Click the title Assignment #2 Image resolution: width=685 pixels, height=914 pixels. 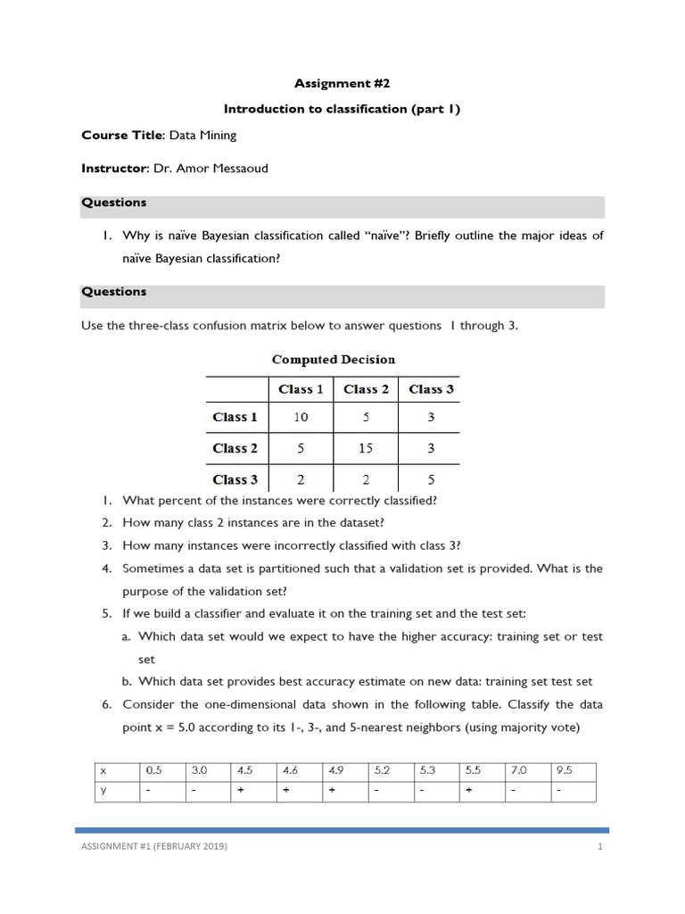click(342, 83)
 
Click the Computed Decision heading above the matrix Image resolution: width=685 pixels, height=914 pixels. click(333, 360)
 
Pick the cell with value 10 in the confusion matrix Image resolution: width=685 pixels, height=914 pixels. click(301, 417)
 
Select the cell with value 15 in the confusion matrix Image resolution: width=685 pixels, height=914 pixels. click(366, 448)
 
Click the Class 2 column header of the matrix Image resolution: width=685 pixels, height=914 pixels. click(366, 389)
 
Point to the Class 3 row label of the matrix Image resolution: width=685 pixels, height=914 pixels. click(235, 479)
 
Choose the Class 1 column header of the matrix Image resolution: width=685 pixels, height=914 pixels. click(301, 389)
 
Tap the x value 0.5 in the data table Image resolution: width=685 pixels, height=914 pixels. click(154, 769)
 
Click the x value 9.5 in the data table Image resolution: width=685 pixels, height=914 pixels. click(563, 769)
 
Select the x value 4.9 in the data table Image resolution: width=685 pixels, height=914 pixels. click(335, 769)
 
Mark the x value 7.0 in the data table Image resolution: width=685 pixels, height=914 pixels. click(517, 769)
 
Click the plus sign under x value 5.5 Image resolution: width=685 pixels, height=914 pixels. click(467, 790)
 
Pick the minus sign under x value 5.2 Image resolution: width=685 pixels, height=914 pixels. click(377, 790)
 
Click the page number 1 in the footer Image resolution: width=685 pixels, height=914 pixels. click(601, 846)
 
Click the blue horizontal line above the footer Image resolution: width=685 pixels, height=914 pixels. click(342, 829)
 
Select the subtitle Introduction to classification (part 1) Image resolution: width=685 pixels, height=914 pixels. click(342, 109)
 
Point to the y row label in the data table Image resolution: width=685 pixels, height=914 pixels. click(103, 790)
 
